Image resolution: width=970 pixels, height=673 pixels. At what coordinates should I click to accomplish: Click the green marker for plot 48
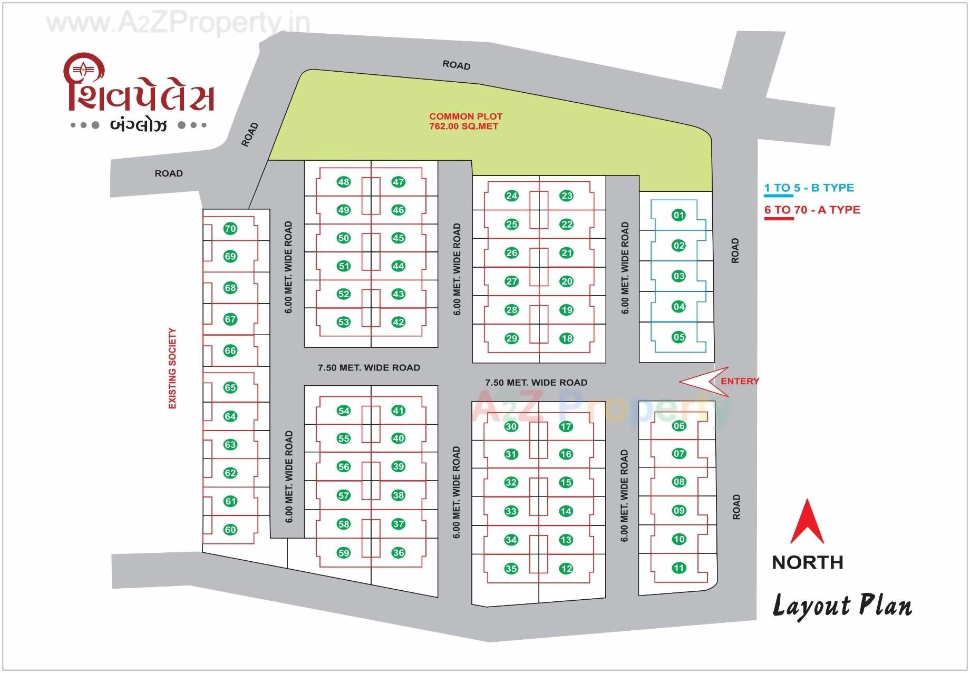click(x=344, y=182)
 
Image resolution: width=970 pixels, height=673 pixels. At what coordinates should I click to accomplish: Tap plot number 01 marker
click(x=678, y=214)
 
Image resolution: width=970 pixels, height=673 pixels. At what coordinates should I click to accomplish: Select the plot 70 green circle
click(x=230, y=228)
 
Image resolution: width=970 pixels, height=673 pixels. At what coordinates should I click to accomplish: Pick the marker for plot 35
click(x=511, y=568)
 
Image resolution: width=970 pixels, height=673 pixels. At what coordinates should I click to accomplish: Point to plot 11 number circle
click(x=678, y=568)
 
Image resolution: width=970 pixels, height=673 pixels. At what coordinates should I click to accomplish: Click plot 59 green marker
click(x=344, y=553)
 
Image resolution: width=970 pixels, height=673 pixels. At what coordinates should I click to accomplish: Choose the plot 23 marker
click(x=567, y=196)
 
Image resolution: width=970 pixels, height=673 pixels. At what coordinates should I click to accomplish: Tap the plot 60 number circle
click(x=230, y=530)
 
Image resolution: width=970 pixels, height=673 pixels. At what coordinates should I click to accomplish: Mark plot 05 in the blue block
click(x=678, y=337)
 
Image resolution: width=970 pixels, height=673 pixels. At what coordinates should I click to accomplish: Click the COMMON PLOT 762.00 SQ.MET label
click(x=465, y=121)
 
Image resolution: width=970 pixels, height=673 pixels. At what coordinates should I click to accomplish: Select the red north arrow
click(x=807, y=521)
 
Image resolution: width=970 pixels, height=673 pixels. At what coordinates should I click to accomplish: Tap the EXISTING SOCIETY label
click(x=172, y=368)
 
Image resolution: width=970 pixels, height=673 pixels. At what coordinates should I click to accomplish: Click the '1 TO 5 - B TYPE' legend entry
click(x=809, y=188)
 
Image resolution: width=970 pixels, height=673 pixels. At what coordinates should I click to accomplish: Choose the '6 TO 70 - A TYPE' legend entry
click(x=812, y=210)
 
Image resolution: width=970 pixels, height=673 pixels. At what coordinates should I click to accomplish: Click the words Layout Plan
click(x=842, y=606)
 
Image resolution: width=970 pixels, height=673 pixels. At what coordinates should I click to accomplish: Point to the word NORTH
click(x=807, y=562)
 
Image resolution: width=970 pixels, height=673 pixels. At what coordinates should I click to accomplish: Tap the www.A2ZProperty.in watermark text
click(x=178, y=23)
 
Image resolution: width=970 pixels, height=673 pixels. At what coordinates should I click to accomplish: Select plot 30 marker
click(x=511, y=426)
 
